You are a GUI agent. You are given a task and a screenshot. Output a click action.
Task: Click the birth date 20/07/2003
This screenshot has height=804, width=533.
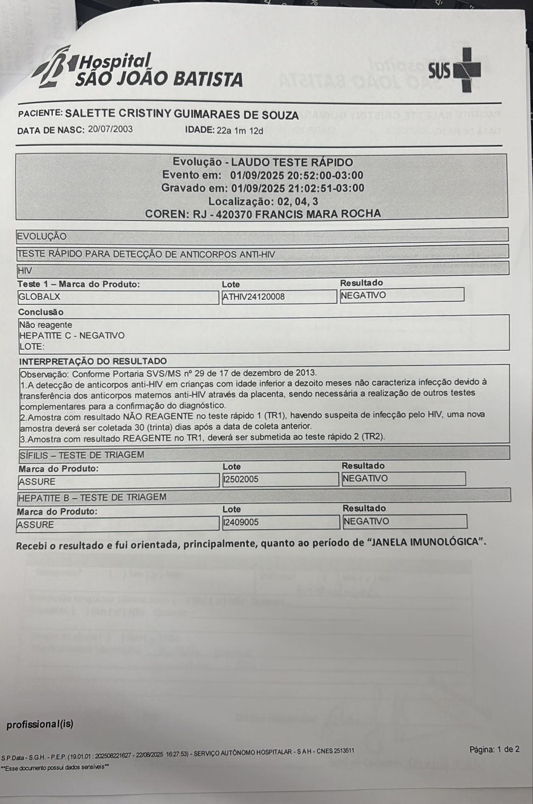pyautogui.click(x=110, y=129)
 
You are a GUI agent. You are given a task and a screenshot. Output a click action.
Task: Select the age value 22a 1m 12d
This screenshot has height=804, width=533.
pyautogui.click(x=240, y=131)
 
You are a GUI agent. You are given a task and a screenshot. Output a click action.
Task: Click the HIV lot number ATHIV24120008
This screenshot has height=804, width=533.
pyautogui.click(x=253, y=297)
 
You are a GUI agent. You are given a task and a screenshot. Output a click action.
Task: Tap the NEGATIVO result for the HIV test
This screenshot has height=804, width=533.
pyautogui.click(x=364, y=295)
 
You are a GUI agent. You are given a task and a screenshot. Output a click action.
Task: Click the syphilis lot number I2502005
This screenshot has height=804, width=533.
pyautogui.click(x=241, y=479)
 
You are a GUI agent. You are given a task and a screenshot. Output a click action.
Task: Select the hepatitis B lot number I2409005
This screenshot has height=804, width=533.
pyautogui.click(x=241, y=523)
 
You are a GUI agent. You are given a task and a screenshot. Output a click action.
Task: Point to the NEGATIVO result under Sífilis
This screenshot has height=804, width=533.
pyautogui.click(x=365, y=478)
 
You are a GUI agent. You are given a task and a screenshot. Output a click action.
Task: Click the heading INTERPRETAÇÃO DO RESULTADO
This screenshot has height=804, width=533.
pyautogui.click(x=93, y=361)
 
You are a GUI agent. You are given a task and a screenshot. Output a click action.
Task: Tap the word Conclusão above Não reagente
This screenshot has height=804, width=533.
pyautogui.click(x=41, y=312)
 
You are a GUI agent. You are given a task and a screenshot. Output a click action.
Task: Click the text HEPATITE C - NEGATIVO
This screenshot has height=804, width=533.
pyautogui.click(x=72, y=336)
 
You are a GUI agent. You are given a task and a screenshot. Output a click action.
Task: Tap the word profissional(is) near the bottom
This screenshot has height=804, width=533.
pyautogui.click(x=40, y=725)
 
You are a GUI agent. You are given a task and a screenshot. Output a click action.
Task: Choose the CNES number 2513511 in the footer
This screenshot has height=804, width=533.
pyautogui.click(x=342, y=751)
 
